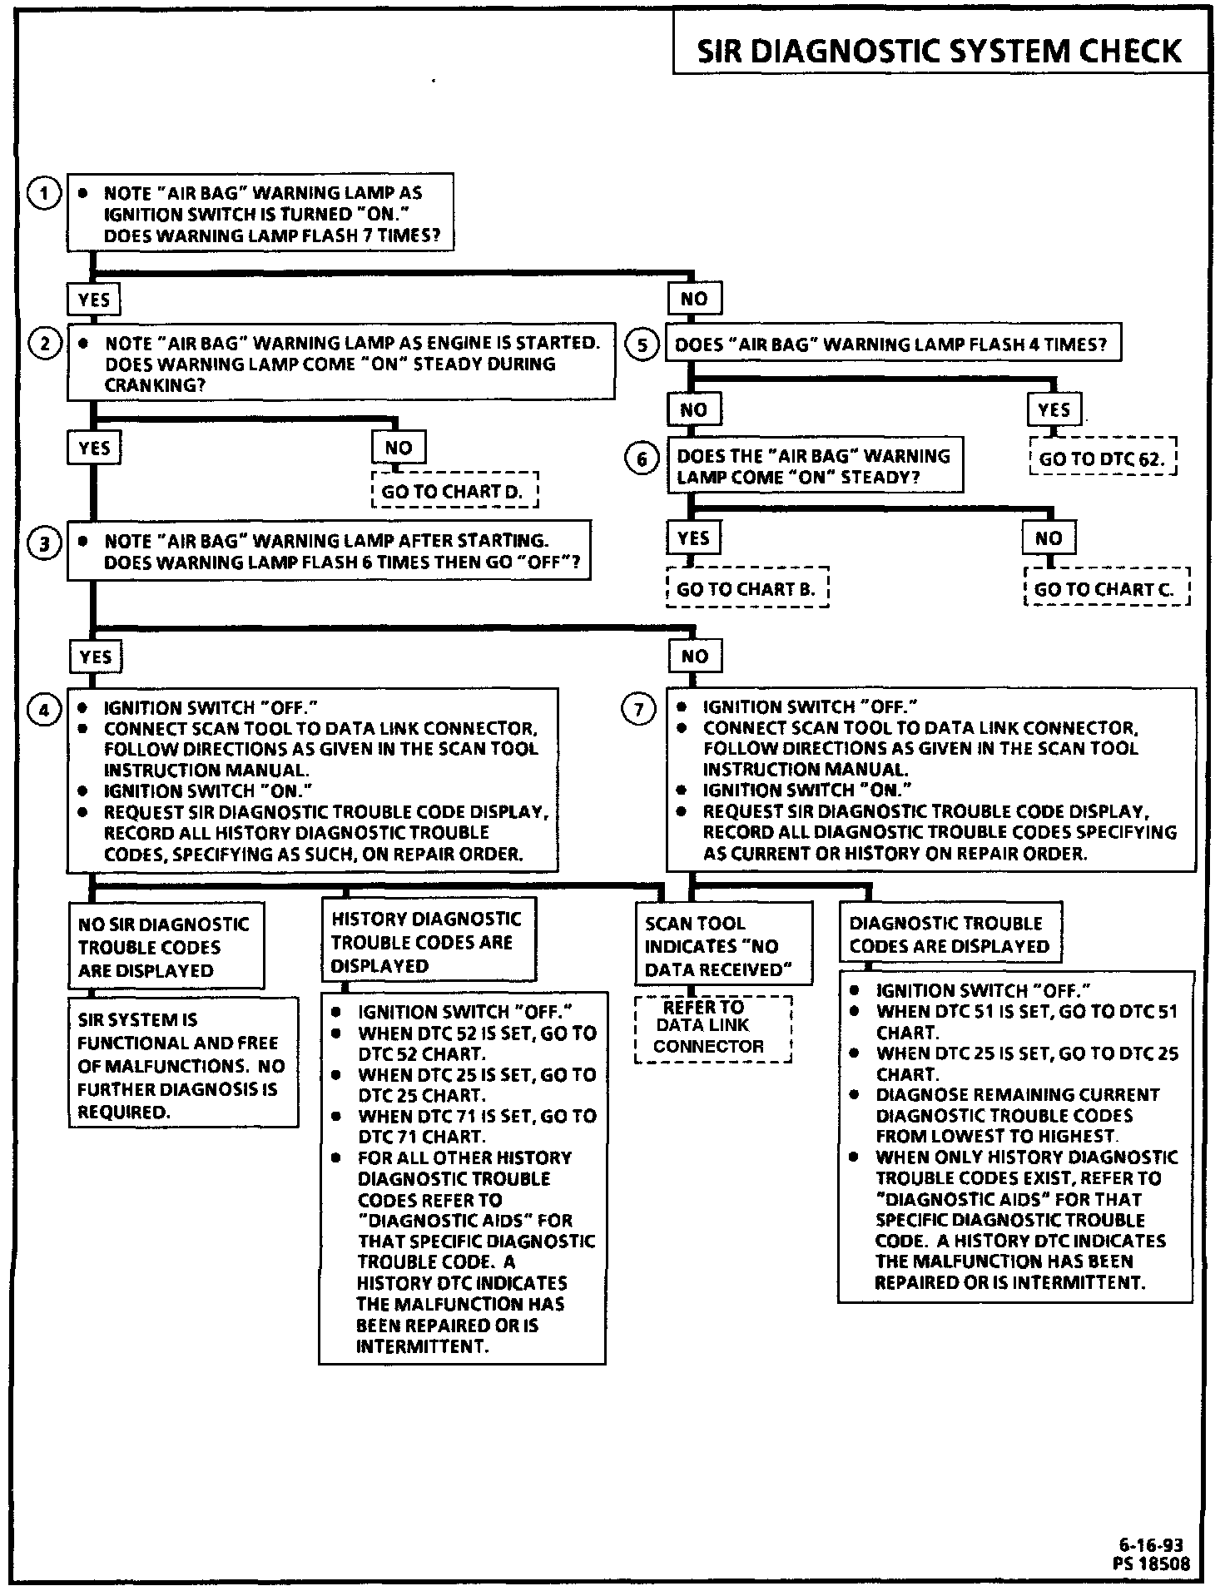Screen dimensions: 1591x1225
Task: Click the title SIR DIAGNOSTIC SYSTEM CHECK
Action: (x=939, y=51)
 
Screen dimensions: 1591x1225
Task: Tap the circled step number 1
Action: (x=44, y=194)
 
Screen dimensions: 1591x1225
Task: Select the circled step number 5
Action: (x=642, y=344)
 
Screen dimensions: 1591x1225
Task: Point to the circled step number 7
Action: (x=639, y=709)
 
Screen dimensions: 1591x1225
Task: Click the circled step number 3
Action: (x=44, y=543)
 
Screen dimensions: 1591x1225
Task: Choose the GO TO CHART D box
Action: (x=454, y=491)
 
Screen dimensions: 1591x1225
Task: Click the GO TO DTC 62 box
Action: (x=1102, y=458)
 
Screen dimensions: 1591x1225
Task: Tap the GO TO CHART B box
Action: (x=746, y=589)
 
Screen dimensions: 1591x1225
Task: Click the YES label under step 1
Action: (x=94, y=299)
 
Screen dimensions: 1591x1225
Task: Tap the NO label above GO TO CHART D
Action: (x=399, y=448)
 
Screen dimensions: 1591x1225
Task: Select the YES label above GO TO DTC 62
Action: (x=1054, y=410)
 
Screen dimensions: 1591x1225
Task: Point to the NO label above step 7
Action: (x=695, y=657)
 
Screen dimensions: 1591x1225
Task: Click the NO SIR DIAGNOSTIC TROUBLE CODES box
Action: (x=165, y=947)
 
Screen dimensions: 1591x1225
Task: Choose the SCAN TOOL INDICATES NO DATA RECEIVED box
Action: (x=722, y=946)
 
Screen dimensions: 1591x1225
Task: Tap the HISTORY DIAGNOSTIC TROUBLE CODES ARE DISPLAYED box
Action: (x=427, y=942)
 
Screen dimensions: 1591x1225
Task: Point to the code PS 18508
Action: (x=1151, y=1564)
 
